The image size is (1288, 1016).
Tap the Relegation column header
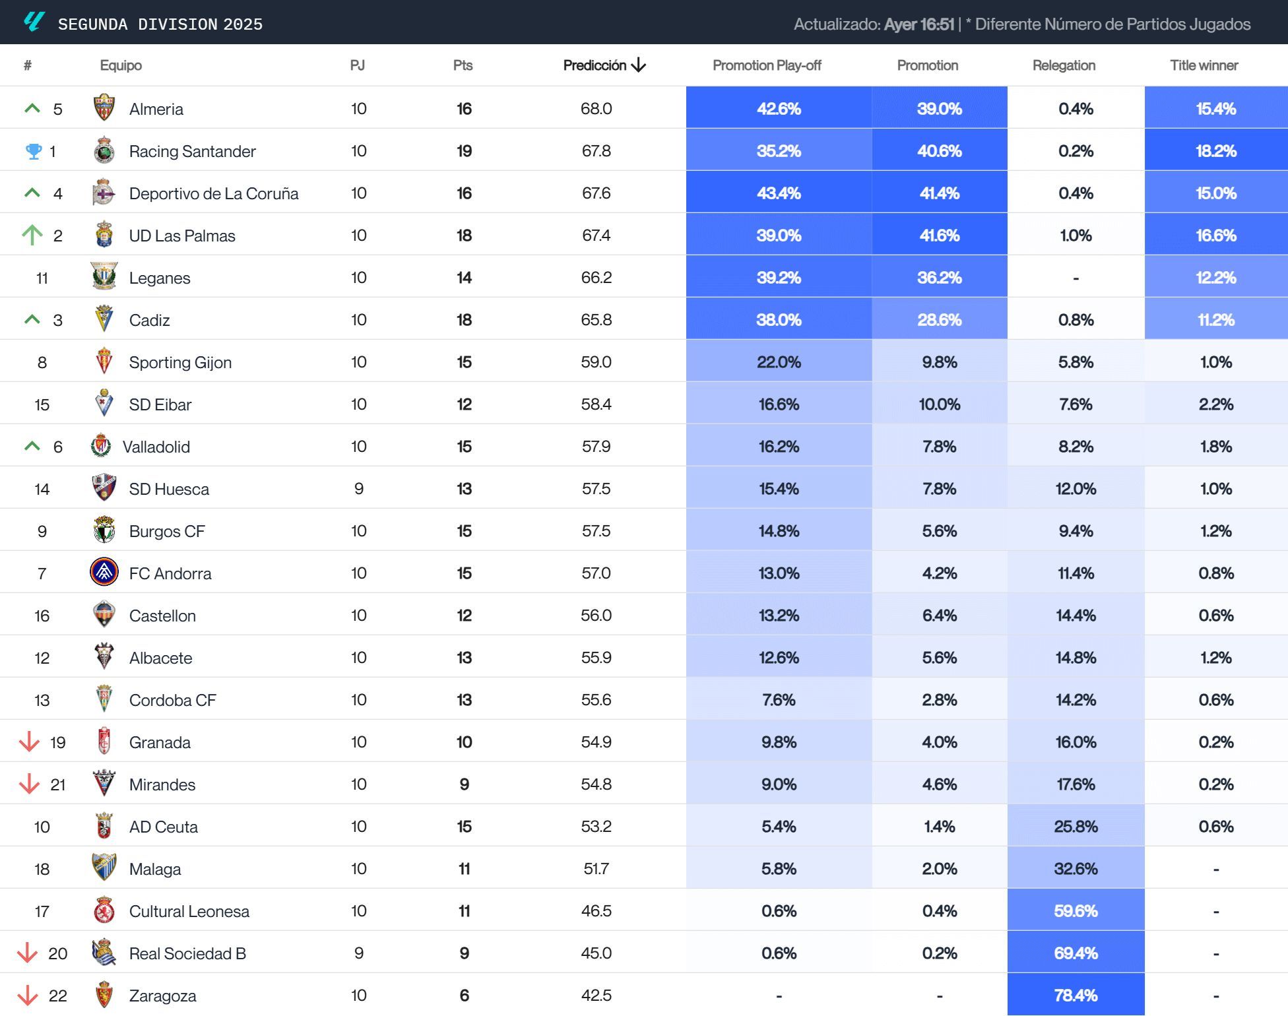pyautogui.click(x=1064, y=65)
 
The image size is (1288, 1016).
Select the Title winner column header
pyautogui.click(x=1204, y=65)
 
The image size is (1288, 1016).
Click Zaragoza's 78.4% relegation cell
pyautogui.click(x=1076, y=995)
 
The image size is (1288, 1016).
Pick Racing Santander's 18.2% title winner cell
pyautogui.click(x=1215, y=150)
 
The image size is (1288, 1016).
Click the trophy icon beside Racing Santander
pyautogui.click(x=33, y=151)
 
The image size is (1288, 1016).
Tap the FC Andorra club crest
pyautogui.click(x=104, y=572)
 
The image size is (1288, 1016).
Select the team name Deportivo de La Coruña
pyautogui.click(x=214, y=193)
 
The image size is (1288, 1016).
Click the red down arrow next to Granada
pyautogui.click(x=29, y=742)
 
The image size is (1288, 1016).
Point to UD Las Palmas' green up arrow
pyautogui.click(x=32, y=235)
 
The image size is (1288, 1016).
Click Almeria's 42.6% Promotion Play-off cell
pyautogui.click(x=779, y=108)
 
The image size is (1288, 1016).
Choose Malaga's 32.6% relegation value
pyautogui.click(x=1076, y=868)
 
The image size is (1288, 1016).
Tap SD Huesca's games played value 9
pyautogui.click(x=358, y=489)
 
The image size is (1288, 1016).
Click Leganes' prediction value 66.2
pyautogui.click(x=596, y=278)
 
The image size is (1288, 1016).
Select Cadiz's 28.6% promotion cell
pyautogui.click(x=939, y=319)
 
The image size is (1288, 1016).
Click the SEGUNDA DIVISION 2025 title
pyautogui.click(x=160, y=24)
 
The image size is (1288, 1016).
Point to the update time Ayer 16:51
pyautogui.click(x=919, y=24)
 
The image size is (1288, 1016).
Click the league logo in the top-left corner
pyautogui.click(x=34, y=22)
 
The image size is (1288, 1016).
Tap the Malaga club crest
pyautogui.click(x=104, y=868)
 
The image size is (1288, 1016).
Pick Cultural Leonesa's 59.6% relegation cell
pyautogui.click(x=1076, y=910)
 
